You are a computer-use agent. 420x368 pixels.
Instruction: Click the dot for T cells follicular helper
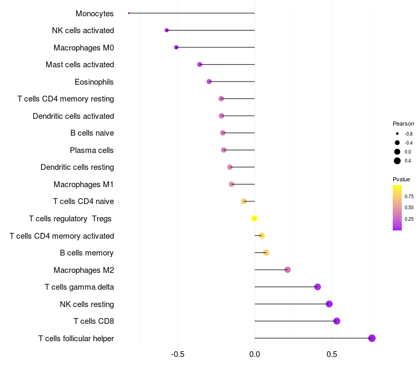(x=372, y=338)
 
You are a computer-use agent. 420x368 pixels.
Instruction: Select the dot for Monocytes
(x=129, y=13)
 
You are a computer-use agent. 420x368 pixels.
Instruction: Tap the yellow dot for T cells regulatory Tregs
(x=254, y=218)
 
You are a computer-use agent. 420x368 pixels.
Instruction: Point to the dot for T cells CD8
(x=337, y=321)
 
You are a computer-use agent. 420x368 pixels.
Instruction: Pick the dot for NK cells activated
(x=166, y=30)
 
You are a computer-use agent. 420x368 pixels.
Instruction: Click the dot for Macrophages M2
(x=287, y=270)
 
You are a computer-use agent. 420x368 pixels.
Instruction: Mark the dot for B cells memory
(x=266, y=253)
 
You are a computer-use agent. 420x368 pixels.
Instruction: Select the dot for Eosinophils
(x=209, y=81)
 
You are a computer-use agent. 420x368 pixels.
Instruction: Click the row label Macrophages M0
(x=83, y=48)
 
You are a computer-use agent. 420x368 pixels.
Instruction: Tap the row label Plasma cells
(x=92, y=150)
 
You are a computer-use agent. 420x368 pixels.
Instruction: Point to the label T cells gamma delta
(x=79, y=287)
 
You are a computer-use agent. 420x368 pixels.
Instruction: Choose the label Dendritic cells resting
(x=77, y=167)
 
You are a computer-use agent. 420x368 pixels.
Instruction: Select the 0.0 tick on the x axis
(x=255, y=354)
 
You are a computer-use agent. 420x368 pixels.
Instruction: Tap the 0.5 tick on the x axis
(x=332, y=354)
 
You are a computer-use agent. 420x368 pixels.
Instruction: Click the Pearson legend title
(x=403, y=124)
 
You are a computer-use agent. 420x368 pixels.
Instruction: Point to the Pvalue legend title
(x=402, y=179)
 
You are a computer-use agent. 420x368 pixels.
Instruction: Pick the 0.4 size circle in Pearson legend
(x=397, y=161)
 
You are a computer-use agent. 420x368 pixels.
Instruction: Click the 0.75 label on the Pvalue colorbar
(x=409, y=196)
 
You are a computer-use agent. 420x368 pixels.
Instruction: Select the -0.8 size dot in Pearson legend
(x=397, y=134)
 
